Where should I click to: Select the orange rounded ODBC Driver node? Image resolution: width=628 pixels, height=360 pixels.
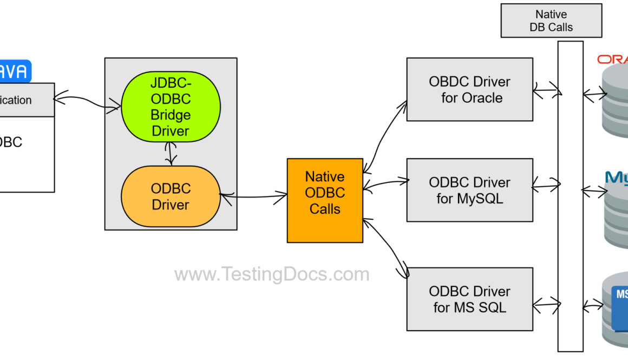point(171,197)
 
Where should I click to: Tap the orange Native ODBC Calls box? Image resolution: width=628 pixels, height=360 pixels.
point(325,200)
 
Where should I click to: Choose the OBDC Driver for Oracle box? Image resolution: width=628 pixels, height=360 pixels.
point(469,90)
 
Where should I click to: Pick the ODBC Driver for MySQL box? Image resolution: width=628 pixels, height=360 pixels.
point(469,190)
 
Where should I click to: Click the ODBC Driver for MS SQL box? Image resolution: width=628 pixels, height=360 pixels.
point(469,299)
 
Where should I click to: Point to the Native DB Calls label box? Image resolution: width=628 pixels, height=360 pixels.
point(551,21)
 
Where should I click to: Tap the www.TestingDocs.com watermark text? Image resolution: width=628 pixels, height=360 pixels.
point(272,274)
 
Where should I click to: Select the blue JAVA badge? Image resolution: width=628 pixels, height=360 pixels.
point(15,71)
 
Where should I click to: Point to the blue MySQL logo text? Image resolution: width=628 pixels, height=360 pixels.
point(617,178)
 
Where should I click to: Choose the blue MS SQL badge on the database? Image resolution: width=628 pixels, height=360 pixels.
point(620,303)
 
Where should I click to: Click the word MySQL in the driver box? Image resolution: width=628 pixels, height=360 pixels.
point(480,199)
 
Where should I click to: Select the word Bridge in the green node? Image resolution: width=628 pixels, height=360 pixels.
point(171,115)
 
